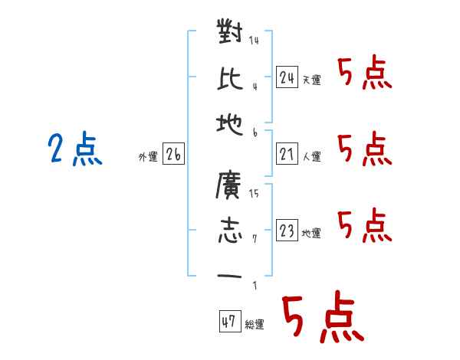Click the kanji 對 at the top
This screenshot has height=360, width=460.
click(x=230, y=31)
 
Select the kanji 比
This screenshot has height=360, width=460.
click(x=230, y=78)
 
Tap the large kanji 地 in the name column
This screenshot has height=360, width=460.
click(x=230, y=124)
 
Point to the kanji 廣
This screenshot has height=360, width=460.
click(x=228, y=185)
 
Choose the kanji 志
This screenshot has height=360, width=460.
click(x=230, y=230)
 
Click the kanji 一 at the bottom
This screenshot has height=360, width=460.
click(x=229, y=277)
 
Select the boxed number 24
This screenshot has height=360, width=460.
click(x=287, y=77)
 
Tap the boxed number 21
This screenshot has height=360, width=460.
click(x=287, y=154)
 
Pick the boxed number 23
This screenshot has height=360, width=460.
click(x=287, y=230)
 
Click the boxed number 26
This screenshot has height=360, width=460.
click(x=173, y=154)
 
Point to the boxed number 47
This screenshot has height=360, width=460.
click(x=230, y=321)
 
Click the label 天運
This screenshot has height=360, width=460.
click(x=312, y=80)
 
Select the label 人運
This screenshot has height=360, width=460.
click(x=312, y=156)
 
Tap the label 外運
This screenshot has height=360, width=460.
click(x=148, y=156)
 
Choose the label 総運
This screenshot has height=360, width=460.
click(x=255, y=324)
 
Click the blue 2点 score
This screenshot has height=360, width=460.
click(x=75, y=149)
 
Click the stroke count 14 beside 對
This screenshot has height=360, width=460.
click(x=254, y=40)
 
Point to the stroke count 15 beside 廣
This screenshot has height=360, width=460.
click(x=254, y=193)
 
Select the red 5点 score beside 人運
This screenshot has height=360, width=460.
click(x=365, y=149)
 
